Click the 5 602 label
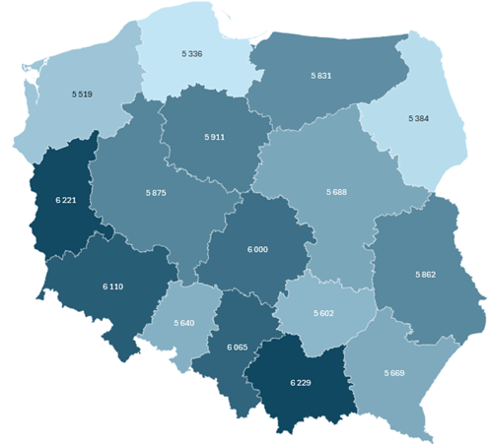(326, 312)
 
